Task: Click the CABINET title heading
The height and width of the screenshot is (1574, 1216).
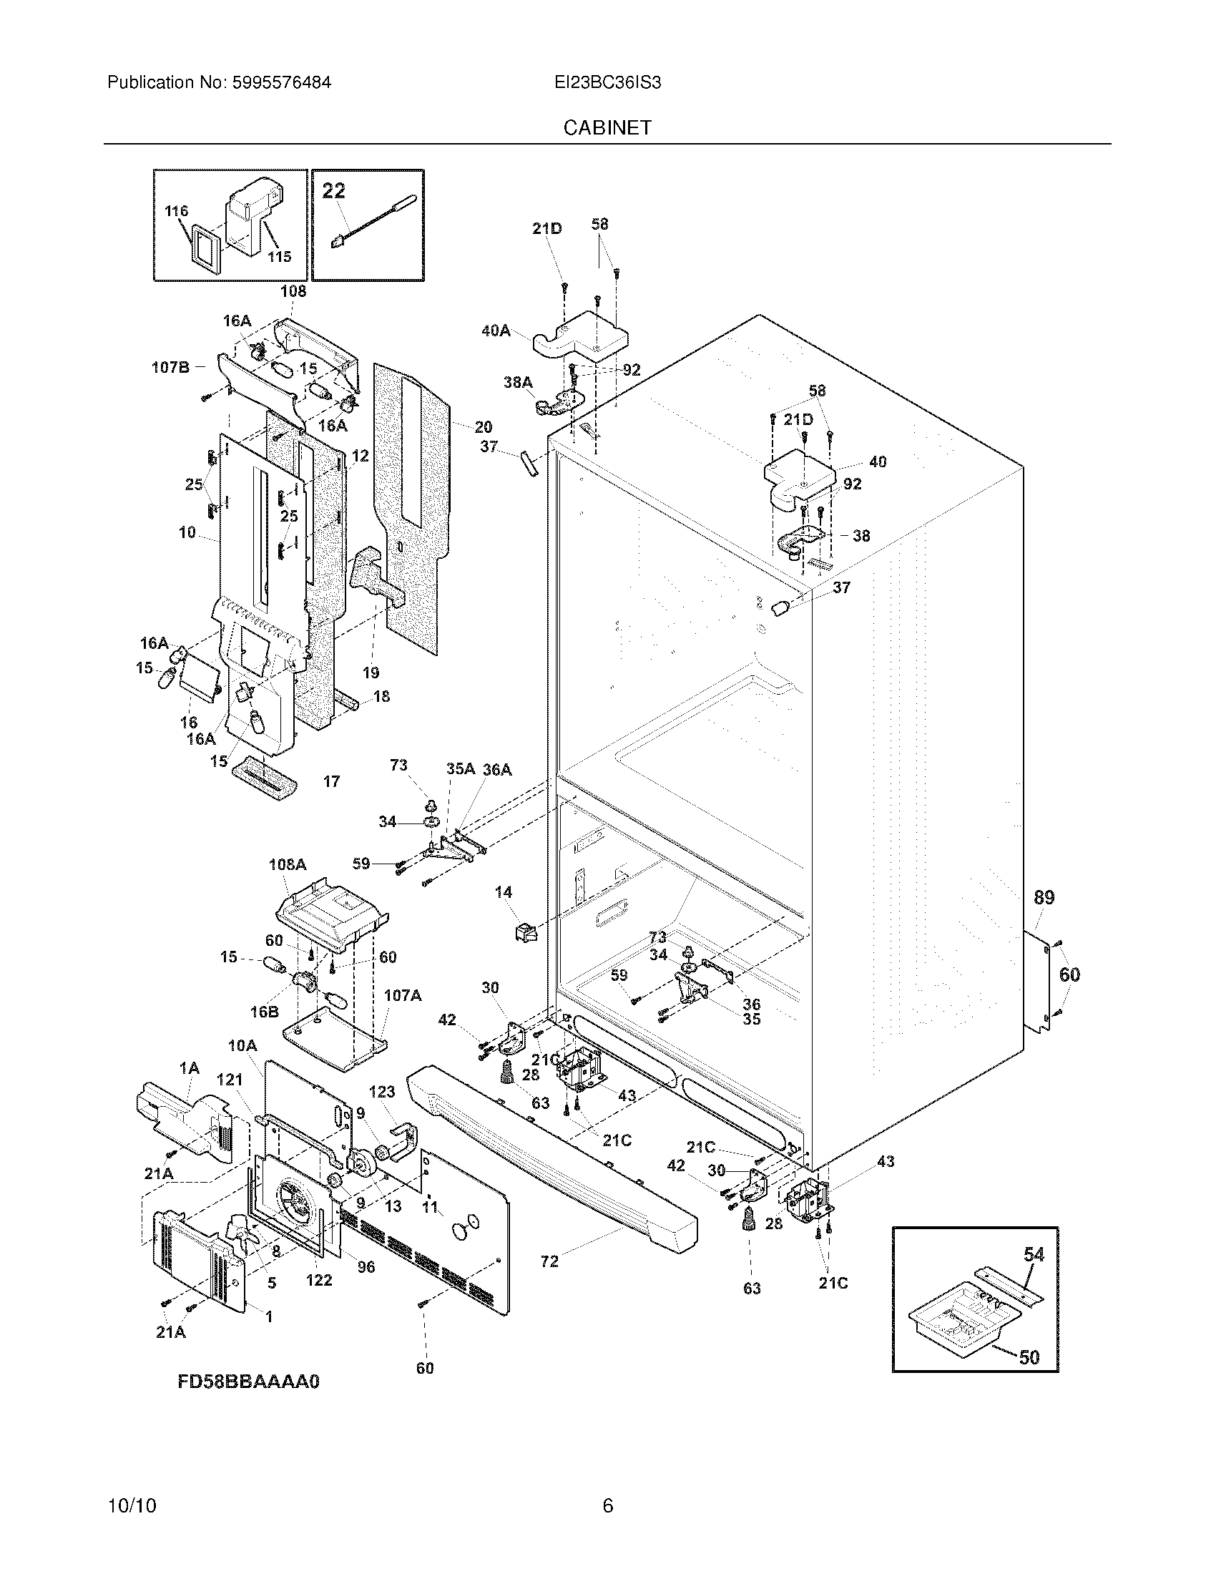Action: [x=607, y=127]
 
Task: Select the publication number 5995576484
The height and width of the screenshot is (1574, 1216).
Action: [x=281, y=82]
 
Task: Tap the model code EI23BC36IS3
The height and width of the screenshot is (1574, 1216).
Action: [x=607, y=82]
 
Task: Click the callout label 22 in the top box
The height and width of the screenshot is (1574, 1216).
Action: [x=333, y=191]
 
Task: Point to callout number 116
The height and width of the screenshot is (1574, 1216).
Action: [x=176, y=211]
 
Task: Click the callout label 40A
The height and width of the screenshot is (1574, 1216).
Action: [x=496, y=331]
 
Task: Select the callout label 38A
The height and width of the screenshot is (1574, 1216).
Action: [x=517, y=382]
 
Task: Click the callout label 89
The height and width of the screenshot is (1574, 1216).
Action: [x=1044, y=897]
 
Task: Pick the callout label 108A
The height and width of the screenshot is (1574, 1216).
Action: [x=288, y=864]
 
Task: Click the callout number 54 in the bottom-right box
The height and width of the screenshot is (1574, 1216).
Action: [x=1034, y=1254]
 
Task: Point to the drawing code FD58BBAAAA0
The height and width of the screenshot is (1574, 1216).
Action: [x=247, y=1382]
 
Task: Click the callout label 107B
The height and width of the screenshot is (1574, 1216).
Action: [x=170, y=368]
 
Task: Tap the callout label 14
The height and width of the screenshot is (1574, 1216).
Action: [x=503, y=892]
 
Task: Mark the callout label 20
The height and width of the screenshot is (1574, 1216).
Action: [x=483, y=427]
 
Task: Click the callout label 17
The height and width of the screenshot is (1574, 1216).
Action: [x=331, y=781]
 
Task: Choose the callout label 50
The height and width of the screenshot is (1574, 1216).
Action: [x=1029, y=1358]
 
